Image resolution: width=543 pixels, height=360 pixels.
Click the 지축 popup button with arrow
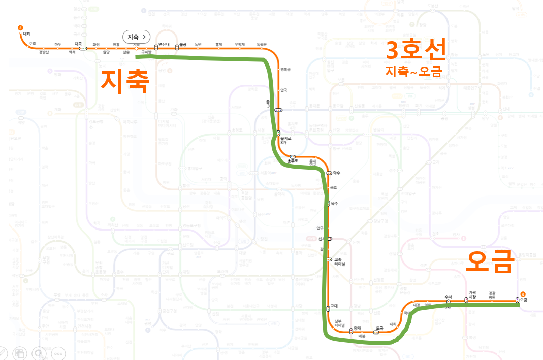137,37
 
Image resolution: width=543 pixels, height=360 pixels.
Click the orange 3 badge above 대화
20,27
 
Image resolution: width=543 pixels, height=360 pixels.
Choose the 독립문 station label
262,44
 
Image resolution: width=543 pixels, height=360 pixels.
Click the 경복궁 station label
285,70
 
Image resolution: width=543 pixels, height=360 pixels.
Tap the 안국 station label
283,90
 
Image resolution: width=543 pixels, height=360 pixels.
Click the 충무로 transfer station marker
293,156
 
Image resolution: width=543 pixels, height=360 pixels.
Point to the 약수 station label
336,173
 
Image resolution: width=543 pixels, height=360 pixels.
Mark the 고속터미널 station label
339,262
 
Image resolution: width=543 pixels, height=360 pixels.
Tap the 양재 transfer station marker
351,331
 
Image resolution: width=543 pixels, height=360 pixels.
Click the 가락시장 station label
472,294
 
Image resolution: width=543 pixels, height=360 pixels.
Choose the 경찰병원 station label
492,294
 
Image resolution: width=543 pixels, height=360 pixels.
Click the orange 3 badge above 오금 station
523,293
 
